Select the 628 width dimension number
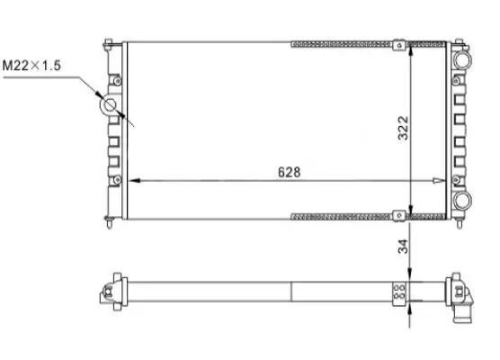286,170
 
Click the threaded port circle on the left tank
112,106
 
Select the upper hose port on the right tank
464,59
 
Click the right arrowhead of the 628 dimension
441,181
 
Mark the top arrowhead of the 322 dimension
410,46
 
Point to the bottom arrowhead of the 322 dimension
410,213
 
